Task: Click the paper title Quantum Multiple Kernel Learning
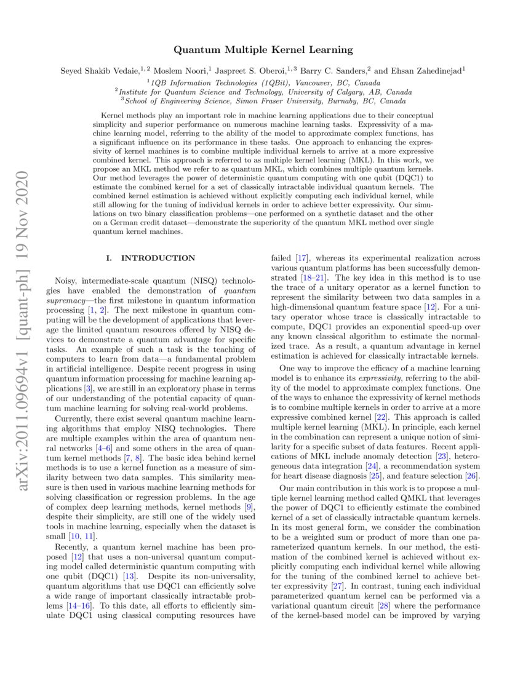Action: click(263, 49)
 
